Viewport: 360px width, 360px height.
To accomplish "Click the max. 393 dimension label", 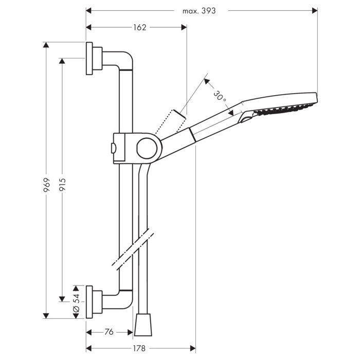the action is click(x=199, y=11).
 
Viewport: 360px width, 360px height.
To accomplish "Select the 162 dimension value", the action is click(x=140, y=28).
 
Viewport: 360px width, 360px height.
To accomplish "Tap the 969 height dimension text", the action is click(x=47, y=185).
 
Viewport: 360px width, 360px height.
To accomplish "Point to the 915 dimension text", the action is click(x=62, y=185).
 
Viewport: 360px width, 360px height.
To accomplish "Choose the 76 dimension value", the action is click(x=109, y=332).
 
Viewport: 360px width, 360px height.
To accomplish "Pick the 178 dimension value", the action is click(x=139, y=349).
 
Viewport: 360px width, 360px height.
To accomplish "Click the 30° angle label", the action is click(x=220, y=97).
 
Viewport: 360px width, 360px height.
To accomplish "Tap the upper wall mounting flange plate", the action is click(x=89, y=58).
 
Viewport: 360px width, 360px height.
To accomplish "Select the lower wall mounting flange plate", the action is click(x=89, y=302).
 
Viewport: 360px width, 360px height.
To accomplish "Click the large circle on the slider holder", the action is click(x=147, y=148).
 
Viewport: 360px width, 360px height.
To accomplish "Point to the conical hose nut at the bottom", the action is click(x=143, y=325).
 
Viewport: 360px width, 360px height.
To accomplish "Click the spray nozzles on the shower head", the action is click(x=283, y=109).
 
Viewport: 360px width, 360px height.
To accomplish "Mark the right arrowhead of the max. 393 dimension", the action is click(x=315, y=11).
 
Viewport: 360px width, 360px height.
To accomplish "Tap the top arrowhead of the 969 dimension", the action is click(x=46, y=45).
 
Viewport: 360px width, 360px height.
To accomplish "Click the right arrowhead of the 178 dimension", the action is click(x=193, y=349).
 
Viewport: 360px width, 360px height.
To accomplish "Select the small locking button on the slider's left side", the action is click(x=113, y=148).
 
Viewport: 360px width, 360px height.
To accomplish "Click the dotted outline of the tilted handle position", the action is click(x=170, y=122).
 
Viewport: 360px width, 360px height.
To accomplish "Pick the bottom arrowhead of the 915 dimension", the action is click(x=62, y=299).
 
